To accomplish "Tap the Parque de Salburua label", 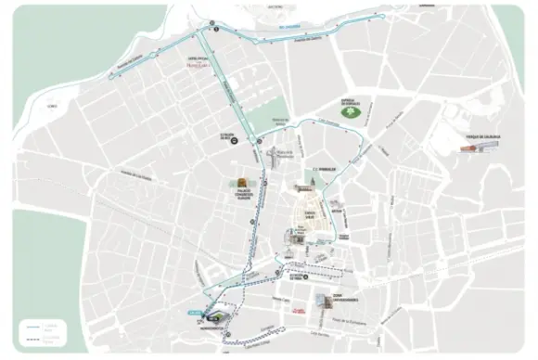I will tap(482, 136).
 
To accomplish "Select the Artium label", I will tap(338, 211).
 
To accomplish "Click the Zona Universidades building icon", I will tap(324, 301).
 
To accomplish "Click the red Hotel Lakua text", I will tap(199, 64).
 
